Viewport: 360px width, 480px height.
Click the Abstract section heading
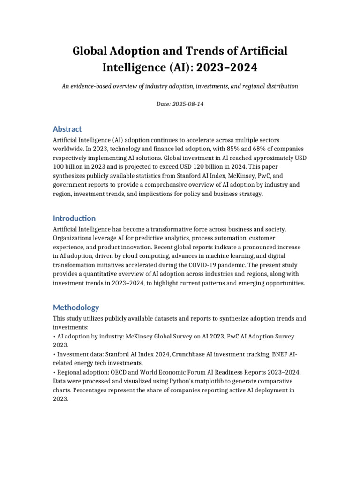67,129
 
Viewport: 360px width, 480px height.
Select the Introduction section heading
74,218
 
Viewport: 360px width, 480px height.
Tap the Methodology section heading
76,307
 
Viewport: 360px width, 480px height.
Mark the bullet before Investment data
54,354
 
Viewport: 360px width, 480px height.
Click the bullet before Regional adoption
54,372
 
